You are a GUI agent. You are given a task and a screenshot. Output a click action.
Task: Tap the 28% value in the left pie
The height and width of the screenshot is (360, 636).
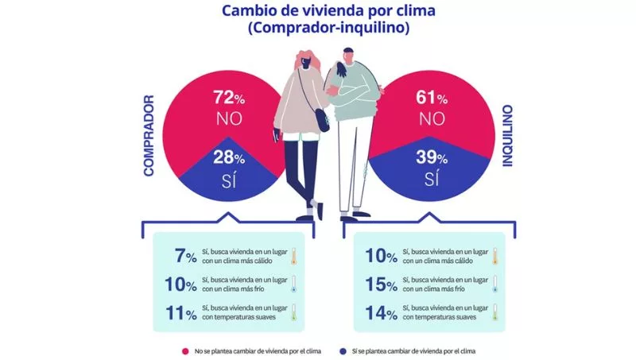[x=227, y=156]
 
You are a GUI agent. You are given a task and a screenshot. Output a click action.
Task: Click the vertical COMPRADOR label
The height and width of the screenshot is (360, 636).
[x=149, y=137]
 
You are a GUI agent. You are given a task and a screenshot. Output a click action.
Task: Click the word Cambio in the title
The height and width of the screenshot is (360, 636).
[x=247, y=12]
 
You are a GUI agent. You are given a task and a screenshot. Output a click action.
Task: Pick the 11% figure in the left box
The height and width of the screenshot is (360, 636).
[x=180, y=312]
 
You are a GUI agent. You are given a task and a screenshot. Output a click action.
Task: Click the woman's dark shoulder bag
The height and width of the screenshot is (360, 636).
[x=321, y=120]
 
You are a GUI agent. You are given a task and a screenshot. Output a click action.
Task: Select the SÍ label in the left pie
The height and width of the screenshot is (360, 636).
[x=228, y=179]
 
